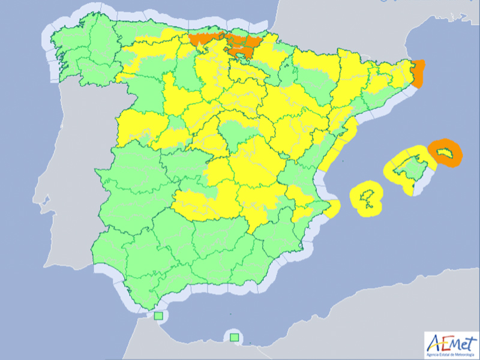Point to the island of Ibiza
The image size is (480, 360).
(368, 196)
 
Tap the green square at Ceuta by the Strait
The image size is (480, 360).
(158, 316)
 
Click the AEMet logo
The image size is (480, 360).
(449, 345)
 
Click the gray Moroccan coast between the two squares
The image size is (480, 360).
(192, 336)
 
